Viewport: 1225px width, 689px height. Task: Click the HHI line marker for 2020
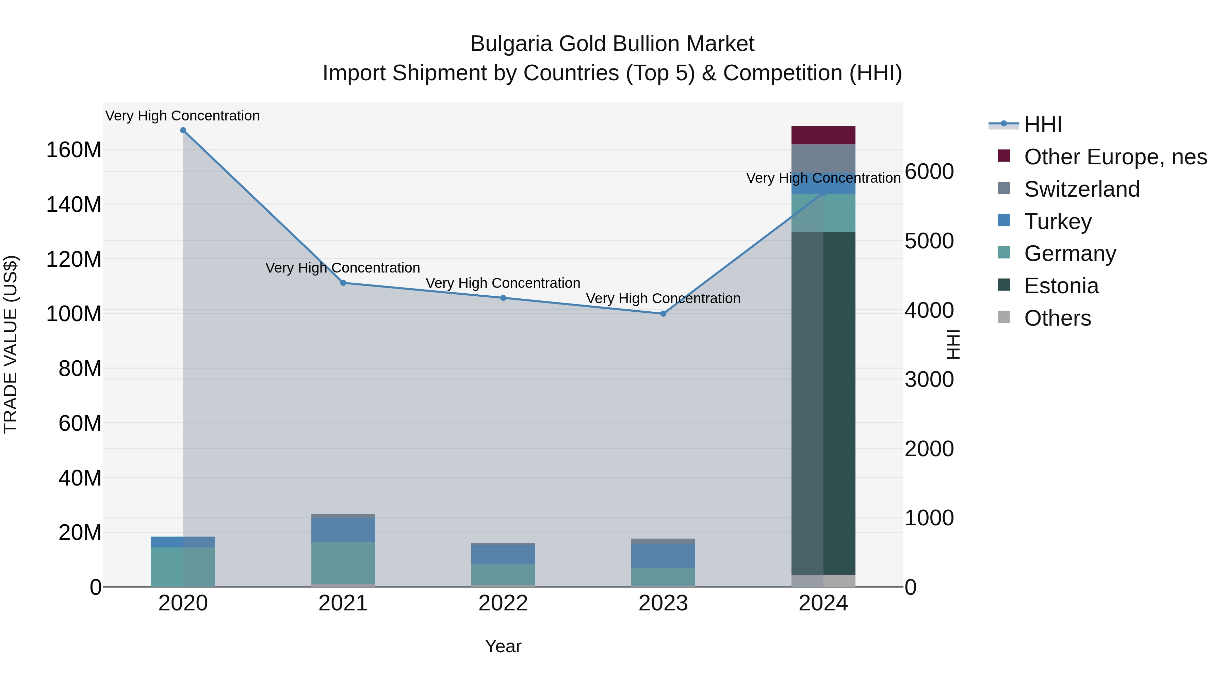click(183, 130)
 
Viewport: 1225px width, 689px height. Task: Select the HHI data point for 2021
click(343, 283)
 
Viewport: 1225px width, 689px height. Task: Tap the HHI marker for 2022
click(503, 298)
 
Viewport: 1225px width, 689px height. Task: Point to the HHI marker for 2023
click(664, 314)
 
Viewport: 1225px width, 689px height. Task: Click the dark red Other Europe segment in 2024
click(823, 135)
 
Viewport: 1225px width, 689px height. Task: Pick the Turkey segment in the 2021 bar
click(343, 530)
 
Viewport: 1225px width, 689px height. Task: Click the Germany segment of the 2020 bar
click(183, 567)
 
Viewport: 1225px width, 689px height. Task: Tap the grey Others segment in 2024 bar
click(823, 580)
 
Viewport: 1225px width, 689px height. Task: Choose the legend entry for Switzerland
click(1081, 189)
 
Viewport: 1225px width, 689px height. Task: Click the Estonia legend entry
click(1061, 286)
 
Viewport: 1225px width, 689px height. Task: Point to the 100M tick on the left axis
click(74, 314)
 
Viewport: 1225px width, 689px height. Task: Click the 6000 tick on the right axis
click(929, 172)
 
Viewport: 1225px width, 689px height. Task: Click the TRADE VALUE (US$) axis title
click(11, 344)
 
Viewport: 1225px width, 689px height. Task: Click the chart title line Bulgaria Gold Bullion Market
click(612, 44)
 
